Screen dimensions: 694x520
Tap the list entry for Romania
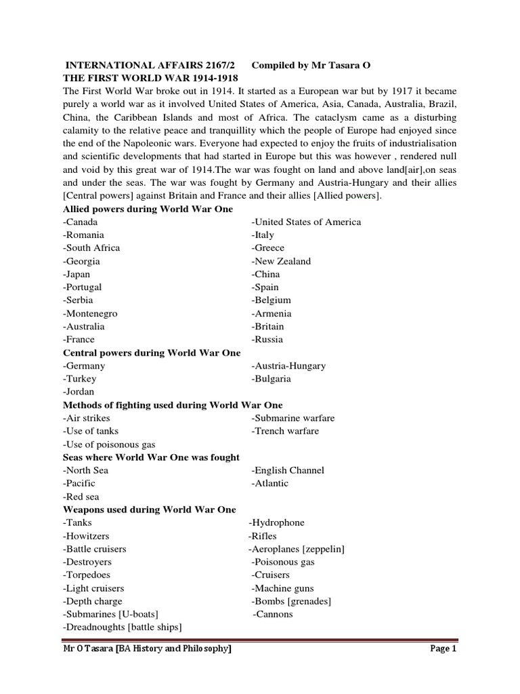(x=83, y=234)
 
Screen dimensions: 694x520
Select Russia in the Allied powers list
(x=267, y=340)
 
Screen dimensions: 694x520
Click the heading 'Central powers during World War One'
(x=152, y=352)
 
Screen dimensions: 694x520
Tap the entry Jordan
(x=79, y=392)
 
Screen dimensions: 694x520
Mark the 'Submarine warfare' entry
(x=292, y=418)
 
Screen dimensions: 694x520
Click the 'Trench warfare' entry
(x=285, y=431)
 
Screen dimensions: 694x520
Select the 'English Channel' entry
(x=288, y=470)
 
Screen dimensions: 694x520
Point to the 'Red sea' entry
(x=82, y=497)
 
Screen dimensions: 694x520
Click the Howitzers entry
(x=87, y=536)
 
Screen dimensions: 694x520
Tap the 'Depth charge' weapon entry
(x=92, y=601)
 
